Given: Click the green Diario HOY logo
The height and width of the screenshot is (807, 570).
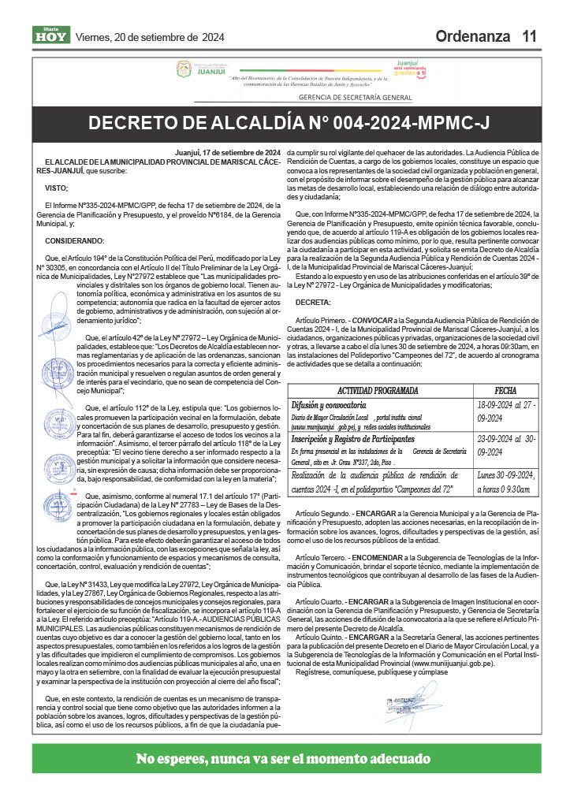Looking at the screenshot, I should pyautogui.click(x=51, y=35).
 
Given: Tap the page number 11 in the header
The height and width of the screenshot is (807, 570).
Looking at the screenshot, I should pyautogui.click(x=529, y=36).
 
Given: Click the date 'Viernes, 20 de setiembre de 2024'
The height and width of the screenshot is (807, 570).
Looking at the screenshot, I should pyautogui.click(x=149, y=37).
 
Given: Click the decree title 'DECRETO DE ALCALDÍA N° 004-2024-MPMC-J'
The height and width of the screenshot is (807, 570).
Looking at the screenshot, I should pyautogui.click(x=289, y=123).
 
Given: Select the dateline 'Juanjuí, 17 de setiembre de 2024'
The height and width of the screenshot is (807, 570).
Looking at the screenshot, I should pyautogui.click(x=229, y=152).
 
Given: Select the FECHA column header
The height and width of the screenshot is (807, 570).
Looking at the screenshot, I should pyautogui.click(x=505, y=390).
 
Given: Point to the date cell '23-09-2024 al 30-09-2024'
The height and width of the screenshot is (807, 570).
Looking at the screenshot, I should pyautogui.click(x=506, y=445).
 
